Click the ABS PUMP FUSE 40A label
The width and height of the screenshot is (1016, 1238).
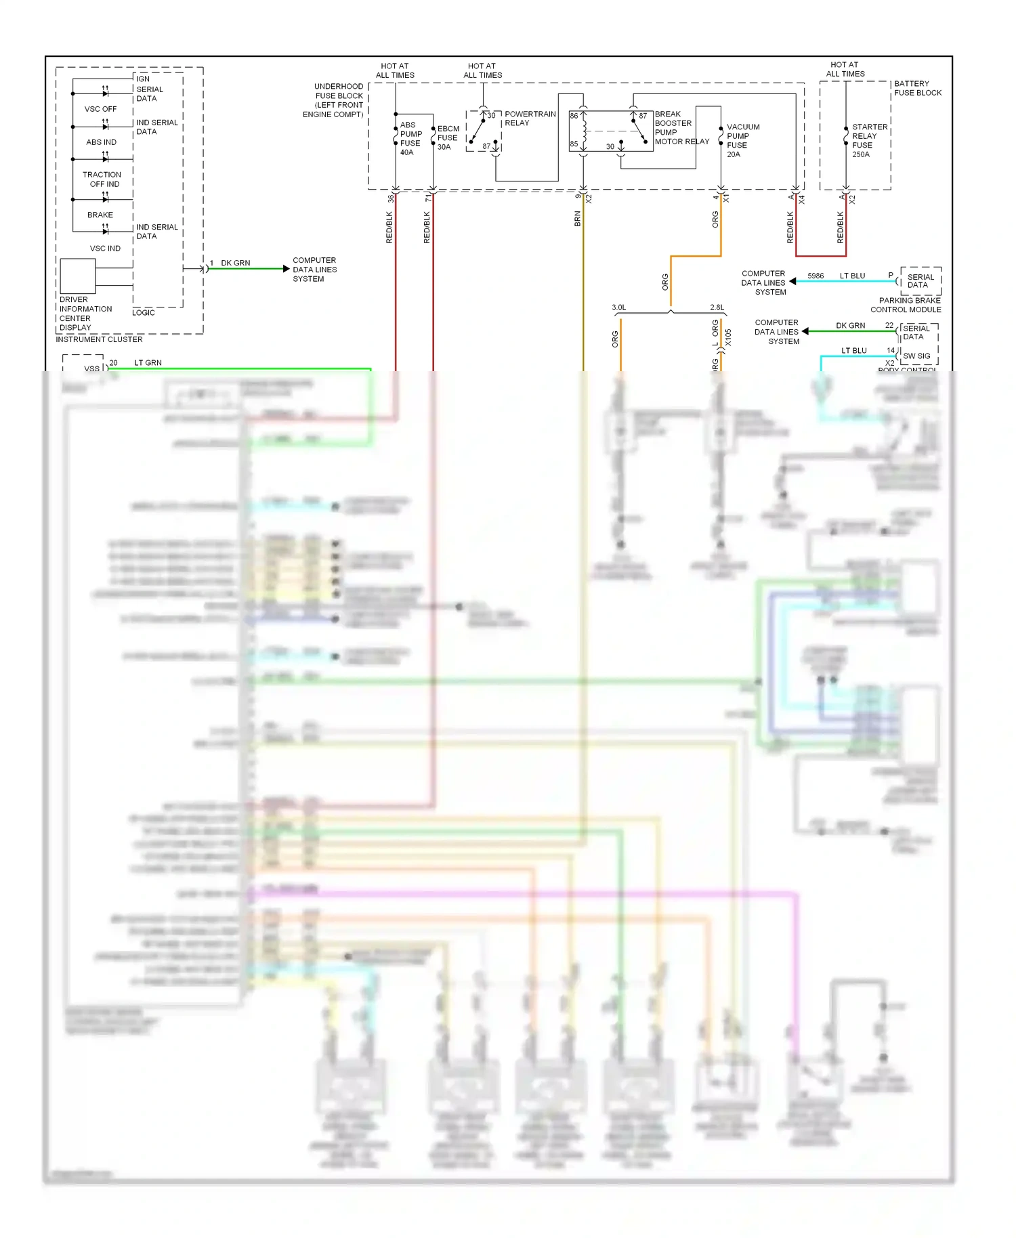[410, 139]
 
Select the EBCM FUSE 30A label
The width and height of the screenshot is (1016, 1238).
[448, 137]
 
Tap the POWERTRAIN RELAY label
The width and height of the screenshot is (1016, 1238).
[530, 119]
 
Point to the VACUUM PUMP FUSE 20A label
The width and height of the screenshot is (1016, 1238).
[742, 140]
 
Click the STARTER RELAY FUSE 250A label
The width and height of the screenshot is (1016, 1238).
[869, 140]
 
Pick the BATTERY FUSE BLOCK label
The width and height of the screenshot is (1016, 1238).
[917, 88]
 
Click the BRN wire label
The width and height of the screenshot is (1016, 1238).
[577, 218]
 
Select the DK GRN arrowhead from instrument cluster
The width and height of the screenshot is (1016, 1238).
[286, 269]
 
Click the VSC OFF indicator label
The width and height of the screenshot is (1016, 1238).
[100, 109]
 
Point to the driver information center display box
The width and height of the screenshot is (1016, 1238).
[77, 276]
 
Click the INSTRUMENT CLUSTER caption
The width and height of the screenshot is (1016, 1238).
[99, 339]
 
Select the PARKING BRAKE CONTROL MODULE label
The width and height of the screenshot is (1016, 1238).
[906, 305]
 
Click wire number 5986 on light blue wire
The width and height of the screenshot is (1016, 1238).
[816, 276]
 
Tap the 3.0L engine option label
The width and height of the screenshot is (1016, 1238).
[619, 307]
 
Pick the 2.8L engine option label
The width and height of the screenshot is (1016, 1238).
[717, 307]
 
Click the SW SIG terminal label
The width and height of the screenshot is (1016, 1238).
[916, 356]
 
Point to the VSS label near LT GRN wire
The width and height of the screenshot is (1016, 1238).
[91, 368]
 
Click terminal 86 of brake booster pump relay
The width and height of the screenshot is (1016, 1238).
[574, 116]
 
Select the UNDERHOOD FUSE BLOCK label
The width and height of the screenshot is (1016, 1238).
[335, 100]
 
